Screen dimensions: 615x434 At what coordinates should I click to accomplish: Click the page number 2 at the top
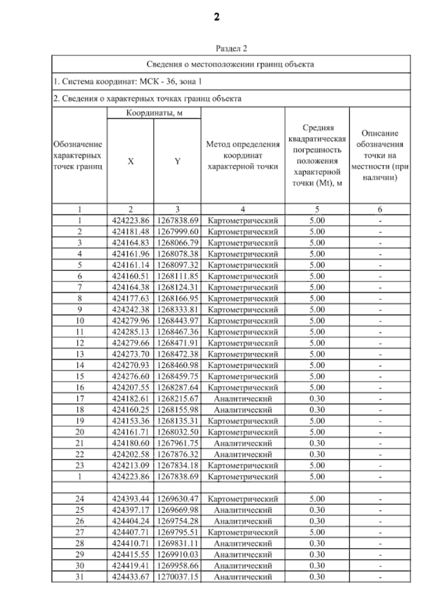(x=217, y=17)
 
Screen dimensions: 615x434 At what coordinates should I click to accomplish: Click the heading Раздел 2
(x=231, y=48)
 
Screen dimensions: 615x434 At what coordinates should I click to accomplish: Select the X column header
(x=131, y=161)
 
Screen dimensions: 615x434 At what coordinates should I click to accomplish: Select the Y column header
(x=177, y=161)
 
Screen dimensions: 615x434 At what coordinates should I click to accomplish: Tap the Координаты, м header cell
(x=154, y=113)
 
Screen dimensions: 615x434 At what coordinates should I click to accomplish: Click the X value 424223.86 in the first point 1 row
(x=131, y=221)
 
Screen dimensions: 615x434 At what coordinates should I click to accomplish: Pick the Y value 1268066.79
(x=178, y=243)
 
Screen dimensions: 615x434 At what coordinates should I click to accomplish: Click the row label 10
(x=80, y=321)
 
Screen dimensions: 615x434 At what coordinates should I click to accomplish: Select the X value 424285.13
(x=131, y=332)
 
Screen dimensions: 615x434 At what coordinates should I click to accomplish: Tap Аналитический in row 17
(x=243, y=399)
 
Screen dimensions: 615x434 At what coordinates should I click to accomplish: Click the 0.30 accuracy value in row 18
(x=317, y=410)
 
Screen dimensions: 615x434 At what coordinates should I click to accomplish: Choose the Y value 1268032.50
(x=178, y=432)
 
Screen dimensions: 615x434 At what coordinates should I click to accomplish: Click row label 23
(x=80, y=466)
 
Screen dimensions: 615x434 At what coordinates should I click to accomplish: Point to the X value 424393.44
(x=131, y=499)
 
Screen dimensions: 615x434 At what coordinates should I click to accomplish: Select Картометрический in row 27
(x=243, y=533)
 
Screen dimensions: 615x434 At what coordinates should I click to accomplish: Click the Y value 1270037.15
(x=178, y=577)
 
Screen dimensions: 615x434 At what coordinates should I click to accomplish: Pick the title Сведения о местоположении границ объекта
(x=230, y=64)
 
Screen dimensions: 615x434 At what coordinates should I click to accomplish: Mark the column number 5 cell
(x=317, y=209)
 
